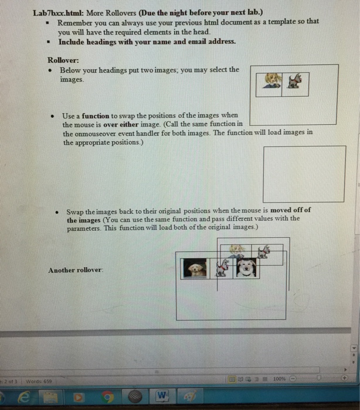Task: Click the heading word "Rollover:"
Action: click(63, 59)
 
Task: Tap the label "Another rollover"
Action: click(76, 270)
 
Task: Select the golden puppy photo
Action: click(196, 269)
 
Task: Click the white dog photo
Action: click(247, 268)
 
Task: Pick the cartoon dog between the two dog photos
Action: click(222, 268)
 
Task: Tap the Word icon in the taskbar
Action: click(162, 397)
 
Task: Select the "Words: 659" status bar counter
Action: click(39, 381)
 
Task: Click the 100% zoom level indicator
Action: click(279, 378)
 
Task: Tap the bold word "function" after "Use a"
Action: click(95, 116)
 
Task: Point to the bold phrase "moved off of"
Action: click(290, 210)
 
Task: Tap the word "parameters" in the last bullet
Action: click(84, 227)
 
